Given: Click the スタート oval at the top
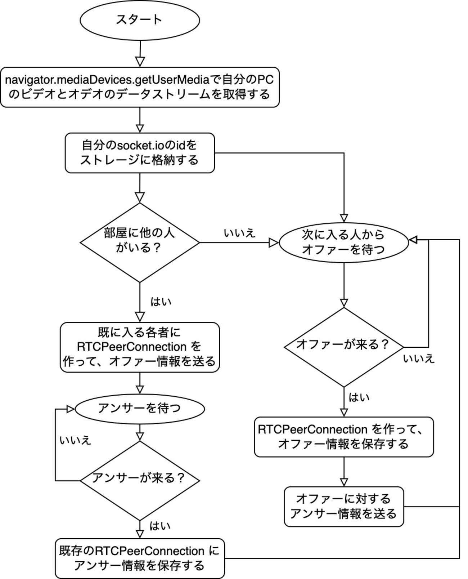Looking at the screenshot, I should click(x=139, y=20).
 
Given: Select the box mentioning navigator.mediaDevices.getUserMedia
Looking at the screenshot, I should click(x=140, y=87).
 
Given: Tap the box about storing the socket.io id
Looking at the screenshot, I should click(x=140, y=153).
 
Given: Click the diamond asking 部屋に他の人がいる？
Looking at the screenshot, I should click(x=139, y=242).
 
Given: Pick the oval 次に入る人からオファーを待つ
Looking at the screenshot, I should click(x=344, y=242).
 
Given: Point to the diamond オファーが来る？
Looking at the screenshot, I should click(x=344, y=347).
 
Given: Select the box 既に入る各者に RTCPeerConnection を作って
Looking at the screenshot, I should click(x=140, y=347).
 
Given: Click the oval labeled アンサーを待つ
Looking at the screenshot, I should click(x=139, y=409).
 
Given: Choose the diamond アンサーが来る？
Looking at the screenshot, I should click(x=139, y=480).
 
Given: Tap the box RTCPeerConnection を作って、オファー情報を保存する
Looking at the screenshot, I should click(x=344, y=437).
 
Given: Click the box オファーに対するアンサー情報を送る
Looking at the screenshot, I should click(x=344, y=507).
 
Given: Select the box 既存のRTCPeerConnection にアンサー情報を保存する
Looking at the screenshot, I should click(x=140, y=558).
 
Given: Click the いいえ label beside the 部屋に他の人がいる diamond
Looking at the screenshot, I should click(x=239, y=233).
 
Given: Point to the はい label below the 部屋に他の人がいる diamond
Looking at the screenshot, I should click(x=161, y=302).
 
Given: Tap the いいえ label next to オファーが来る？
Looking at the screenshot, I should click(x=419, y=359).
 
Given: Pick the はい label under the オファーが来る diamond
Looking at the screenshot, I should click(x=359, y=398).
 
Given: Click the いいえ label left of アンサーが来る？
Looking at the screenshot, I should click(x=75, y=440).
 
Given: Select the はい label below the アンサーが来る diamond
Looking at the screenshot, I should click(x=160, y=526).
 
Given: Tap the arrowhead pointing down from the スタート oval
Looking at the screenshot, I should click(x=140, y=62).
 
